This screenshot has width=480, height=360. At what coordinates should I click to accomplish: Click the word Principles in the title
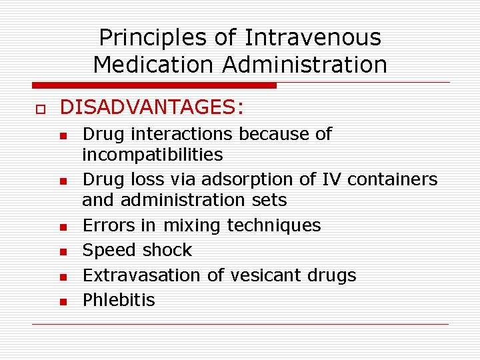point(153,37)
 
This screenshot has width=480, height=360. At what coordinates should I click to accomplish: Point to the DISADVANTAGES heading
point(152,107)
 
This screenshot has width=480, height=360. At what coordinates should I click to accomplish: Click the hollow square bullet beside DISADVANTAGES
point(37,108)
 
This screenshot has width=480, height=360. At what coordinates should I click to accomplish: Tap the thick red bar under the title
point(153,85)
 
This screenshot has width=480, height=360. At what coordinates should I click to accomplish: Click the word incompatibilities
point(152,155)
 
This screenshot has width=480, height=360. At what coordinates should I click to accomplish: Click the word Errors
point(109,225)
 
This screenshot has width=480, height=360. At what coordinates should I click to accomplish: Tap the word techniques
point(274,225)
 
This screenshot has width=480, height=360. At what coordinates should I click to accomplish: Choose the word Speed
point(108,250)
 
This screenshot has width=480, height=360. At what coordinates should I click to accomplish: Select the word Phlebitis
point(119,300)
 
